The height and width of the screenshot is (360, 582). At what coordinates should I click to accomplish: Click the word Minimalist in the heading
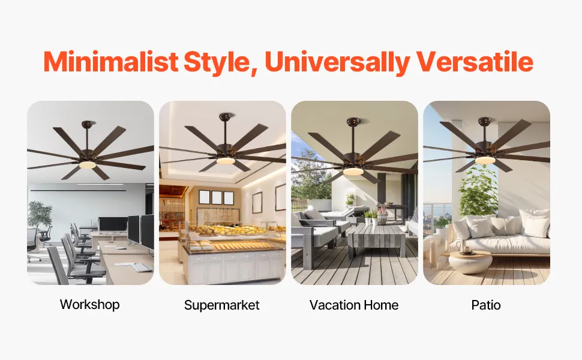click(111, 62)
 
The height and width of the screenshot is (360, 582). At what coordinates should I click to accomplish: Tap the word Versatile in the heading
click(475, 62)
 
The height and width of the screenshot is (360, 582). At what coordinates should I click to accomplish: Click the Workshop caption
click(90, 304)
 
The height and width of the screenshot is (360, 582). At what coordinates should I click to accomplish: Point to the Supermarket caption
click(221, 305)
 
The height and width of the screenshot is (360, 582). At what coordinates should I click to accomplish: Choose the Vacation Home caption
click(354, 305)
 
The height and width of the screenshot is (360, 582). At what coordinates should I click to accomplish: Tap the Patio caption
click(486, 305)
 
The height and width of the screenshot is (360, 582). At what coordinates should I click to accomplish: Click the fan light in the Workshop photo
click(89, 165)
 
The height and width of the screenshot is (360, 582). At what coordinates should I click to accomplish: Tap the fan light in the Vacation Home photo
click(353, 171)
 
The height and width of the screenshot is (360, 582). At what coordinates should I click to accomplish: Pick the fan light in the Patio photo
click(485, 160)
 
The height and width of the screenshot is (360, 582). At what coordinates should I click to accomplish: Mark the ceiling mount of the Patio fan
click(484, 121)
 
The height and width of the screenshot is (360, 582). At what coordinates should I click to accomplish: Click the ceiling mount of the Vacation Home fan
click(353, 121)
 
